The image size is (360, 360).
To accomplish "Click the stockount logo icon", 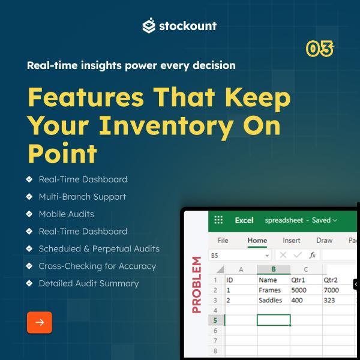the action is tap(149, 25).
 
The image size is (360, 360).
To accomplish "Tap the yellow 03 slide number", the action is tap(320, 49).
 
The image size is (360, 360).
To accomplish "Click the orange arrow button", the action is tap(40, 322).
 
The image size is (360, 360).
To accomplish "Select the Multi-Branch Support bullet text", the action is tap(82, 197).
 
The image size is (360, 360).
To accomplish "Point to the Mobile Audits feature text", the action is tap(67, 214).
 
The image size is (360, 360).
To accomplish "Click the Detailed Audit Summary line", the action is tap(89, 284).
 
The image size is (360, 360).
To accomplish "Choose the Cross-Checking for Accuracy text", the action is tap(97, 266).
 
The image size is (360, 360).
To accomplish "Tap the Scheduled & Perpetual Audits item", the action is tap(99, 249).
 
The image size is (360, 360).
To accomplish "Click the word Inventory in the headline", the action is tap(166, 126).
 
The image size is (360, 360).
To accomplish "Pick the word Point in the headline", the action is tap(62, 153).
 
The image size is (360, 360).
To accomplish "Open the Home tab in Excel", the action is tap(257, 241).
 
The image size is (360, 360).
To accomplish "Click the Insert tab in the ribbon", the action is tap(292, 241).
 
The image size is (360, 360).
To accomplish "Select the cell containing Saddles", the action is tap(274, 300).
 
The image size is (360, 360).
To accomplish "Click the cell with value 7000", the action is tap(338, 290).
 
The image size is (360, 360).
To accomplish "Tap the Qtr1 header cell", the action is tap(306, 280).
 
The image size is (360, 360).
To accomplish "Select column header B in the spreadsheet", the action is tap(274, 269).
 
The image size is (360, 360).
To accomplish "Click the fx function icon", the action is tap(312, 255).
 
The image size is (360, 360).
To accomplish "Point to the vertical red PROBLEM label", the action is tap(197, 284).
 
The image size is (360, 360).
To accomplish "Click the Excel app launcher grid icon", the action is tap(218, 220).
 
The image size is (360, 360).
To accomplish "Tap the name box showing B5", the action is tap(239, 256).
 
